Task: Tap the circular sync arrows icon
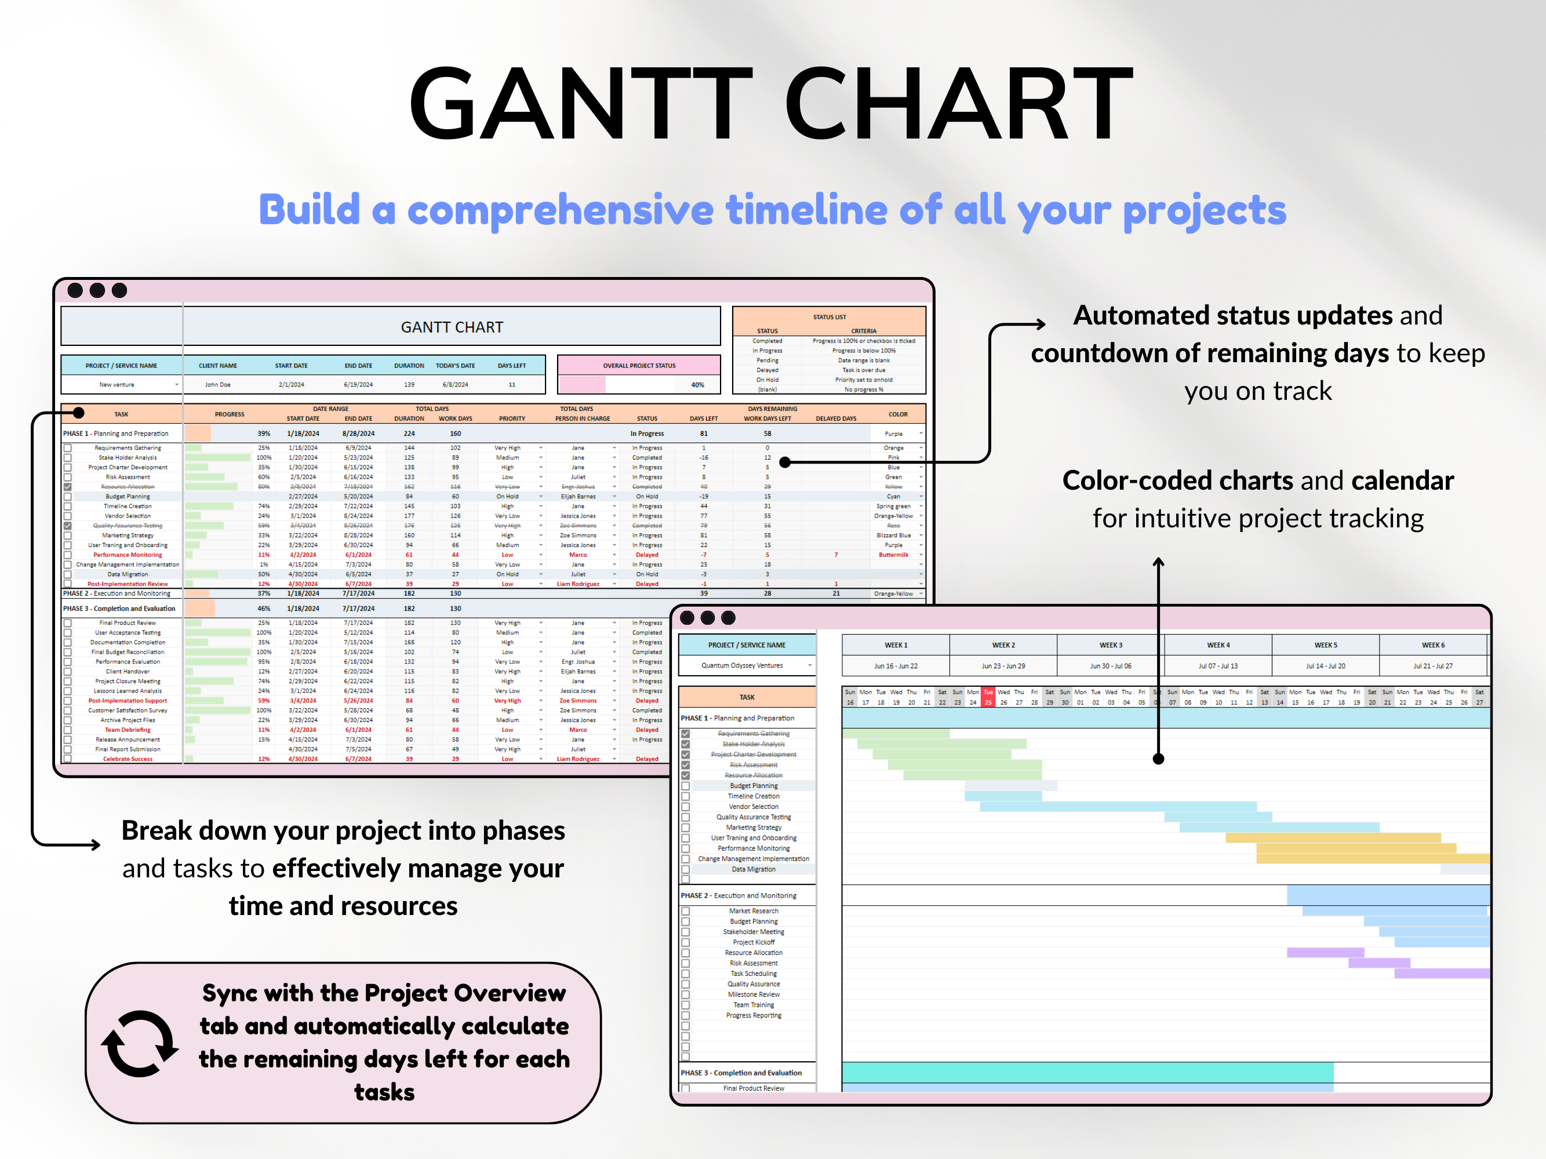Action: click(x=140, y=1044)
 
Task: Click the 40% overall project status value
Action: click(x=697, y=385)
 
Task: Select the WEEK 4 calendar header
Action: click(x=1217, y=645)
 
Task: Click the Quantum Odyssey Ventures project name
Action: click(x=741, y=665)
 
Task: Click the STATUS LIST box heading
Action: click(x=829, y=317)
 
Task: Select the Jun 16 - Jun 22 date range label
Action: click(x=895, y=666)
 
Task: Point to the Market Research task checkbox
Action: click(x=686, y=911)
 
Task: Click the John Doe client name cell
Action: click(x=217, y=385)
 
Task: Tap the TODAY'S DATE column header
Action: click(x=455, y=366)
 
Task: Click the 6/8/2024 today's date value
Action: click(x=455, y=385)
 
